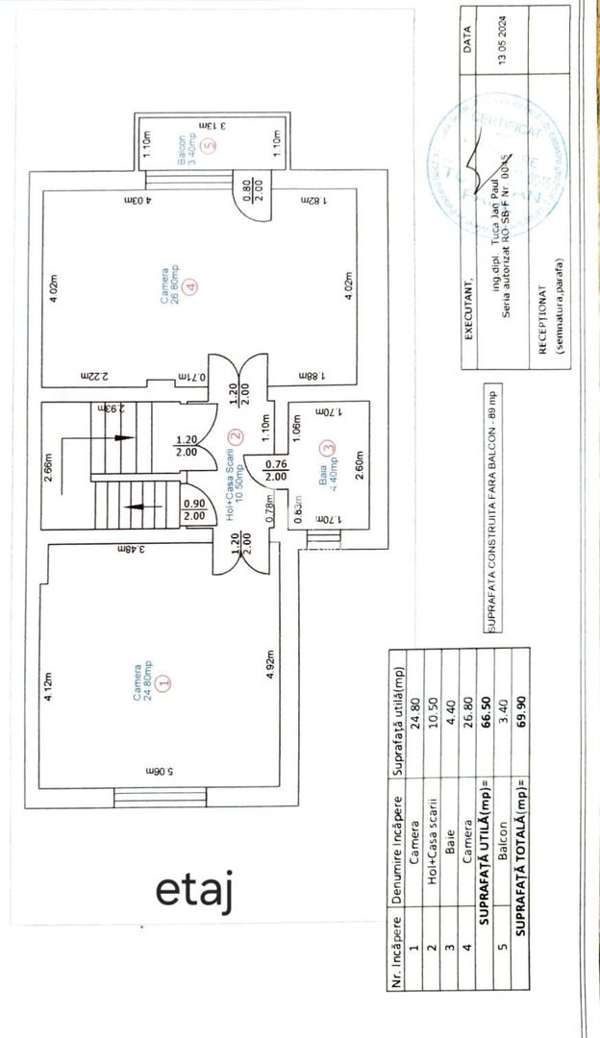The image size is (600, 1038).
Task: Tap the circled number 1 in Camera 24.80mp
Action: pyautogui.click(x=162, y=680)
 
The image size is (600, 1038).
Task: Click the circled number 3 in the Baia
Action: pyautogui.click(x=330, y=446)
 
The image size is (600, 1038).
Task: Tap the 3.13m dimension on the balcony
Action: pyautogui.click(x=212, y=125)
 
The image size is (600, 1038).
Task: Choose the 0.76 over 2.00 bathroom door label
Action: pyautogui.click(x=275, y=469)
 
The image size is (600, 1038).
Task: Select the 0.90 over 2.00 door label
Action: pyautogui.click(x=193, y=509)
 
